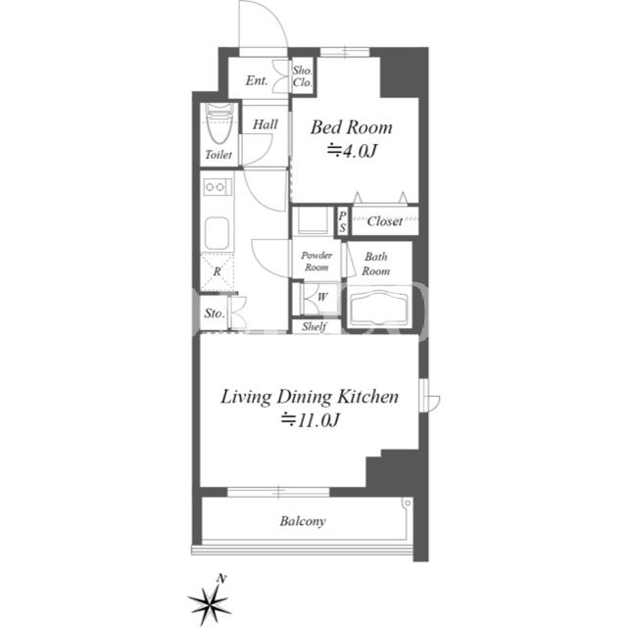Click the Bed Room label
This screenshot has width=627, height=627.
point(351,127)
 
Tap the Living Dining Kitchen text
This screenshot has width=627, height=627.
point(310,397)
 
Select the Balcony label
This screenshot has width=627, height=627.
point(303,521)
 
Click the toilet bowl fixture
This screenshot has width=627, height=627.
point(219,123)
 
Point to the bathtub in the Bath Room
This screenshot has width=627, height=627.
point(379,309)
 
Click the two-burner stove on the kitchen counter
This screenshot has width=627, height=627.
point(217,187)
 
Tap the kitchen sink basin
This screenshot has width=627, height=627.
point(217,233)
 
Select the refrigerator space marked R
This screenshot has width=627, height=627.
point(217,272)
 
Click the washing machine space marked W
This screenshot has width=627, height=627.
point(322,298)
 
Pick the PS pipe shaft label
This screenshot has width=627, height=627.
point(342,221)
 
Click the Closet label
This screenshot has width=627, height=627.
point(385,221)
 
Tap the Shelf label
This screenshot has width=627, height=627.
point(314,326)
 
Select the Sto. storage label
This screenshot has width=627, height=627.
point(215,313)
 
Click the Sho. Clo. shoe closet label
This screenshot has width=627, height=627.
point(303,76)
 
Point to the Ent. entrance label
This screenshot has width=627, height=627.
point(257,80)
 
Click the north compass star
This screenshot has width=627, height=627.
point(209,602)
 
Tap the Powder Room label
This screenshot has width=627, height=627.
point(316,262)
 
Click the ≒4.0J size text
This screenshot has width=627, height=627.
point(352,151)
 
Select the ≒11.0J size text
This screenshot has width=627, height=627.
point(310,420)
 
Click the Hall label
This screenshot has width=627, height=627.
point(265,124)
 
